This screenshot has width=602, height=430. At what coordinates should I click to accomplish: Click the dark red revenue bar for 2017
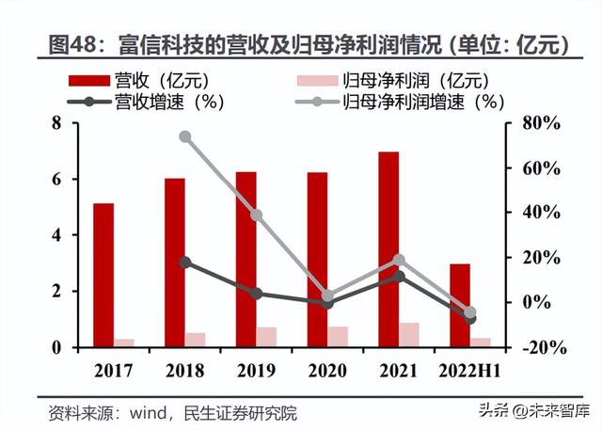[x=103, y=275]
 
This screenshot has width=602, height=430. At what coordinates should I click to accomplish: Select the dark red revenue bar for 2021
[x=388, y=249]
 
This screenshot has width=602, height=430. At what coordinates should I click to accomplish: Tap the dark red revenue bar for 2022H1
[x=459, y=305]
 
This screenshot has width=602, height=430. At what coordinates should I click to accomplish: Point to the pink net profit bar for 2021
[x=409, y=335]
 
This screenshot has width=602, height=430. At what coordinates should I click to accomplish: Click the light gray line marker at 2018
[x=185, y=136]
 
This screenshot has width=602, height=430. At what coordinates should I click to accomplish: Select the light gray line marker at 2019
[x=257, y=215]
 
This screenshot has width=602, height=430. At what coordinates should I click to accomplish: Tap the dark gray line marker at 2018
[x=185, y=263]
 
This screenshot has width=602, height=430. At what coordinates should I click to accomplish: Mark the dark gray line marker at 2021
[x=399, y=276]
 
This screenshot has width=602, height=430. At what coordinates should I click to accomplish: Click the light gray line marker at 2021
[x=399, y=260]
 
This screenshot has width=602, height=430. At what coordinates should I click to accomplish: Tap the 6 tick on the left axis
[x=55, y=179]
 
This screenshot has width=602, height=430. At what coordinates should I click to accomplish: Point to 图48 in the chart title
[x=76, y=43]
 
